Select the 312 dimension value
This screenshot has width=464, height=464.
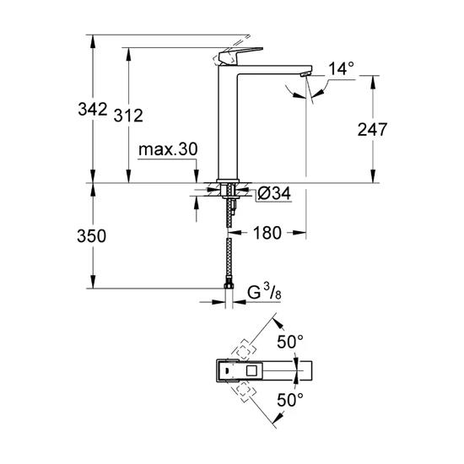click(127, 116)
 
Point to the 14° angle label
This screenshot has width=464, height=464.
click(339, 70)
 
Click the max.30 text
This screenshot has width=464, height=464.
click(168, 149)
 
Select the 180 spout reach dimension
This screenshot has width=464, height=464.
click(265, 232)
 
